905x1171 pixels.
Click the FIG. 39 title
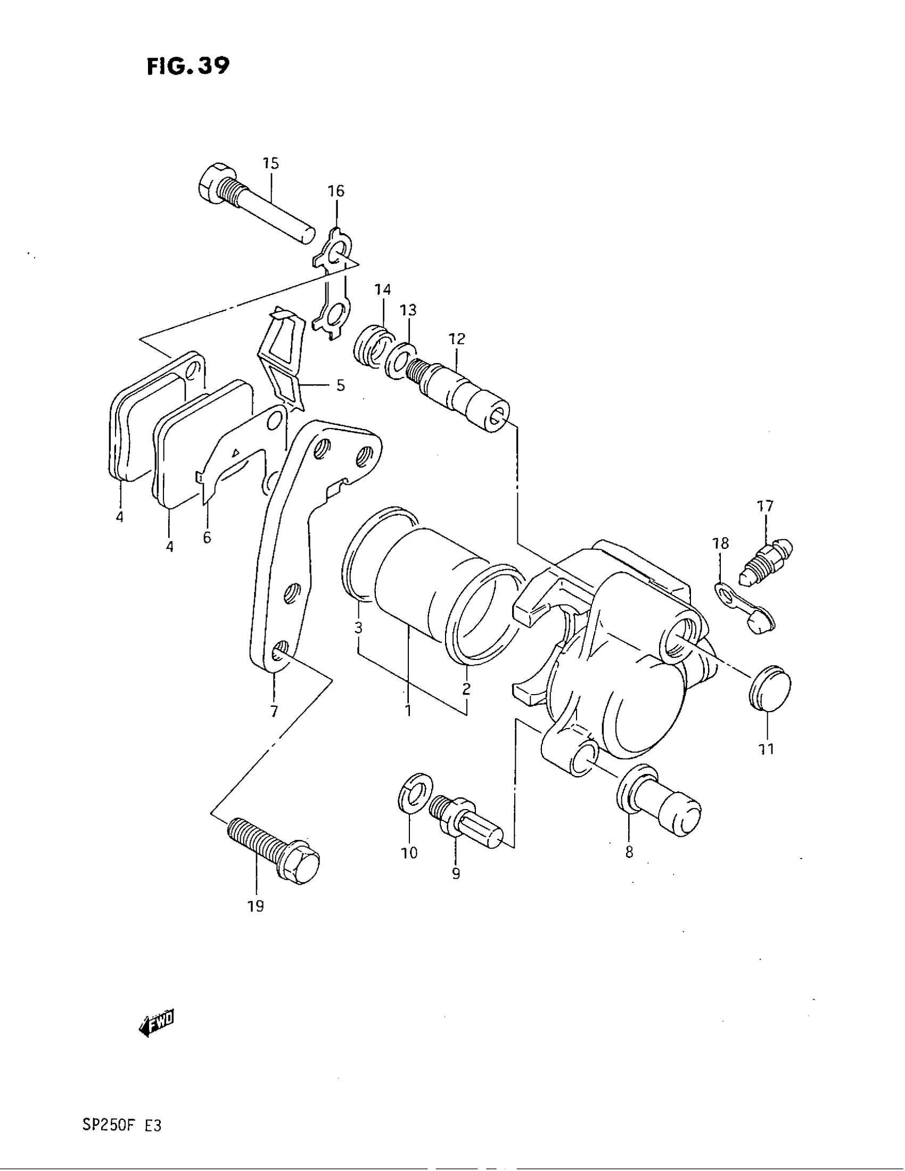coord(187,66)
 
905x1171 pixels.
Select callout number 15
coord(271,163)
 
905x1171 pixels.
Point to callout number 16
coord(336,191)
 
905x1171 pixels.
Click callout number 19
coord(256,906)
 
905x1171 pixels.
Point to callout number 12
coord(457,339)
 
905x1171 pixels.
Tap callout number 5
coord(341,385)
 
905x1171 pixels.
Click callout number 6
coord(208,537)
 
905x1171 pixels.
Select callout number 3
coord(359,628)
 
